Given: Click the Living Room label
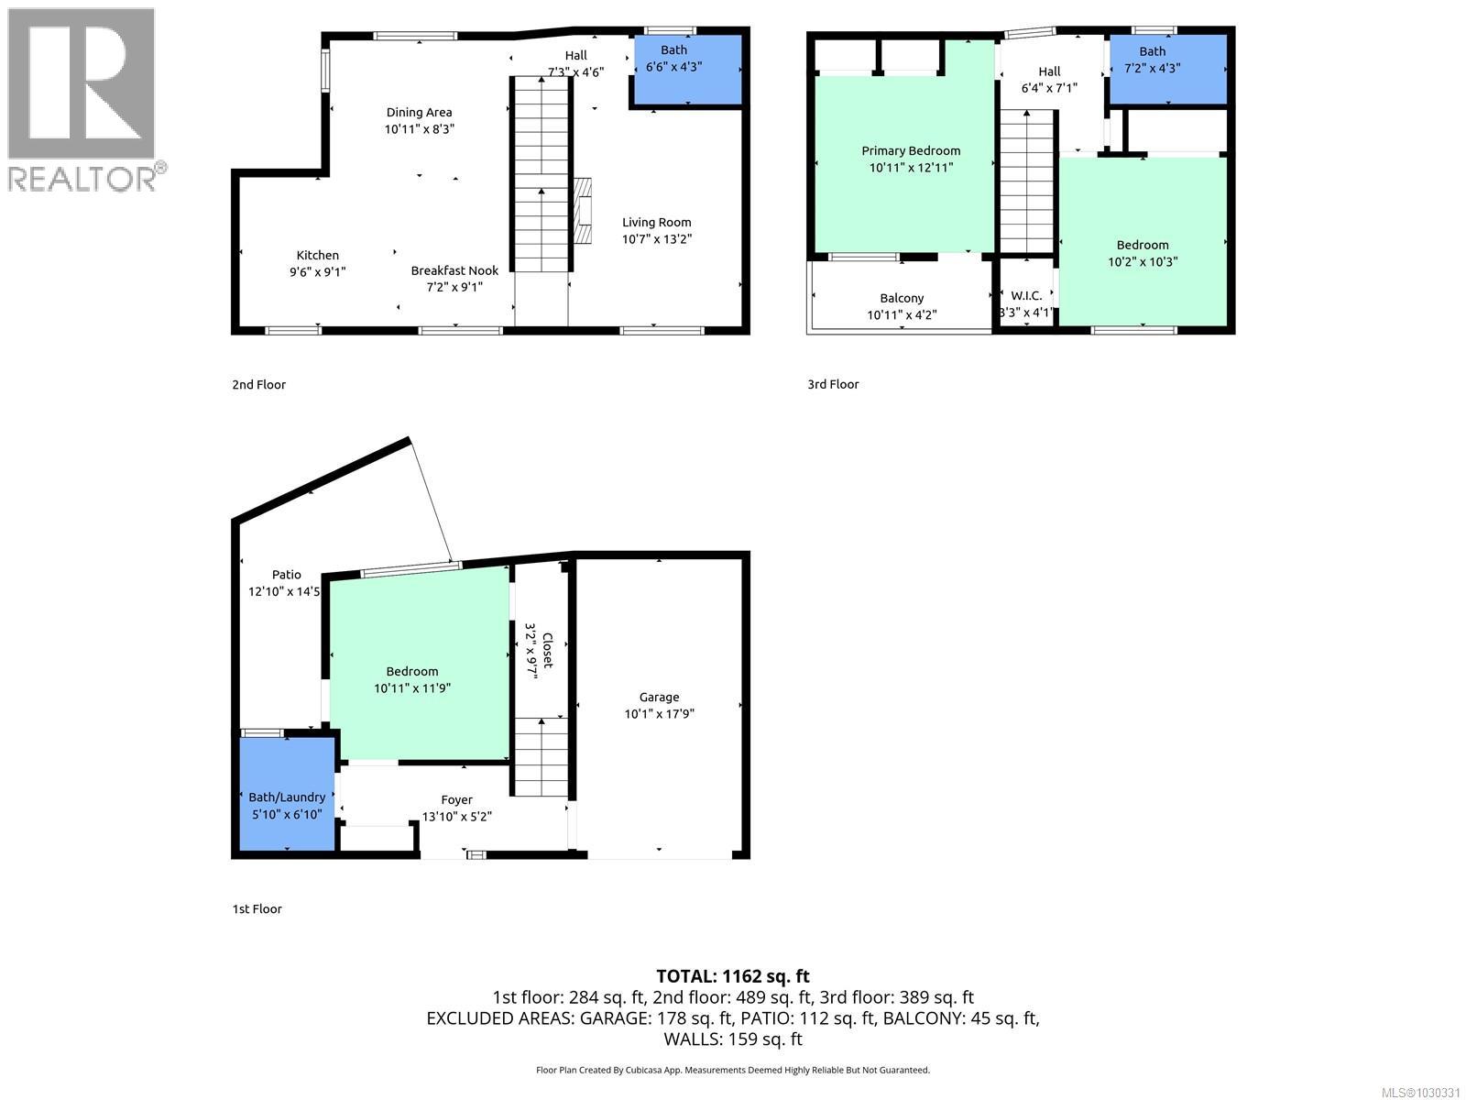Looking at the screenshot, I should pyautogui.click(x=656, y=222).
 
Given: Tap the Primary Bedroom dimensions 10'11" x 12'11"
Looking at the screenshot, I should pyautogui.click(x=911, y=168).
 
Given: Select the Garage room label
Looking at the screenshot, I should pyautogui.click(x=659, y=697).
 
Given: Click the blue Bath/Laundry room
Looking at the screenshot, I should pyautogui.click(x=287, y=794).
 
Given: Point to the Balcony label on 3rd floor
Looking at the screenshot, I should pyautogui.click(x=902, y=298).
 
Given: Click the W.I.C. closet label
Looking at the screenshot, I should pyautogui.click(x=1026, y=295).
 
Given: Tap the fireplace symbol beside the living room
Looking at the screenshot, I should pyautogui.click(x=584, y=210).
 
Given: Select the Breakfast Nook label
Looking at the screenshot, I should pyautogui.click(x=454, y=270).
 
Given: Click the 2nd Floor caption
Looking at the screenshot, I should pyautogui.click(x=258, y=384).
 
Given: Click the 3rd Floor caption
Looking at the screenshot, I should pyautogui.click(x=833, y=384).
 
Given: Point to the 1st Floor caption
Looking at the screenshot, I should pyautogui.click(x=257, y=908).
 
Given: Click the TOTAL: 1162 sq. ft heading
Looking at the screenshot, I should pyautogui.click(x=732, y=976).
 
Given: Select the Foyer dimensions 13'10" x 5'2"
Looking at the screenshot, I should pyautogui.click(x=456, y=816).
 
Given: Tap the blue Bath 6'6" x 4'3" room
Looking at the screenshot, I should pyautogui.click(x=687, y=69).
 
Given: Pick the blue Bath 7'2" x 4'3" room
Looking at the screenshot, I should pyautogui.click(x=1167, y=69).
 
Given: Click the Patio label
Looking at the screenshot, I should pyautogui.click(x=286, y=575).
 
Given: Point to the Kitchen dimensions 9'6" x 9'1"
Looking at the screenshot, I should pyautogui.click(x=317, y=271).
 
